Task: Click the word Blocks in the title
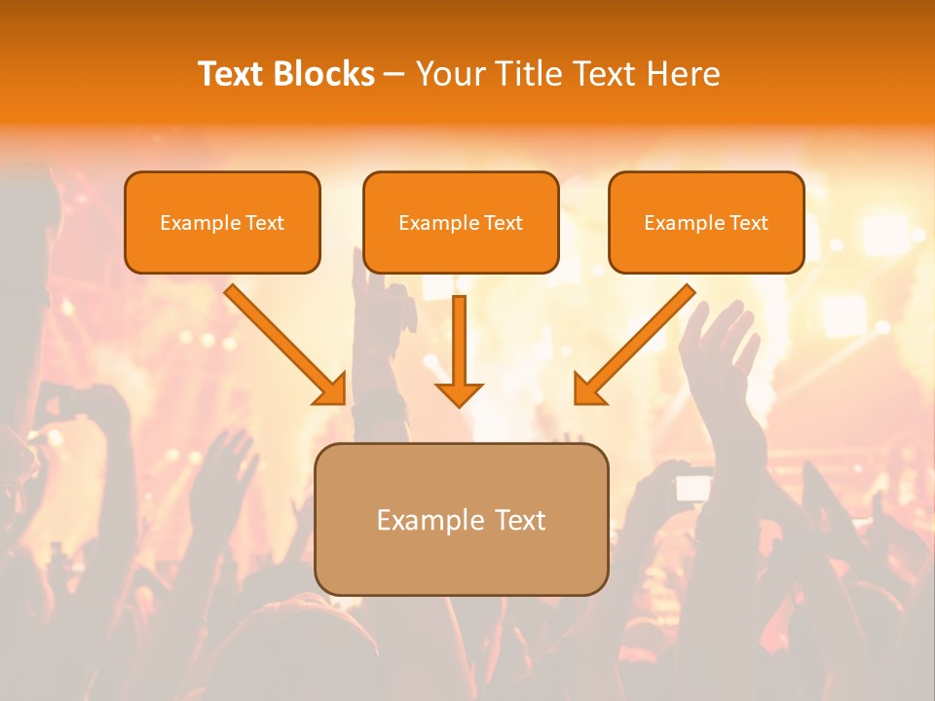pyautogui.click(x=325, y=74)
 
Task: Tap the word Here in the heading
pyautogui.click(x=686, y=74)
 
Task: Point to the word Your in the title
pyautogui.click(x=449, y=74)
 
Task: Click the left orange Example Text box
pyautogui.click(x=222, y=223)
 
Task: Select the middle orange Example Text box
pyautogui.click(x=461, y=223)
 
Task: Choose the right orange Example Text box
pyautogui.click(x=706, y=223)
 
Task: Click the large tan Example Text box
pyautogui.click(x=462, y=520)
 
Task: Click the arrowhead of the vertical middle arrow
pyautogui.click(x=459, y=393)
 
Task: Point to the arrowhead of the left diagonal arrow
pyautogui.click(x=331, y=389)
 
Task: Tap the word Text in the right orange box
pyautogui.click(x=748, y=223)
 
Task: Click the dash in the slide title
pyautogui.click(x=394, y=75)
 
